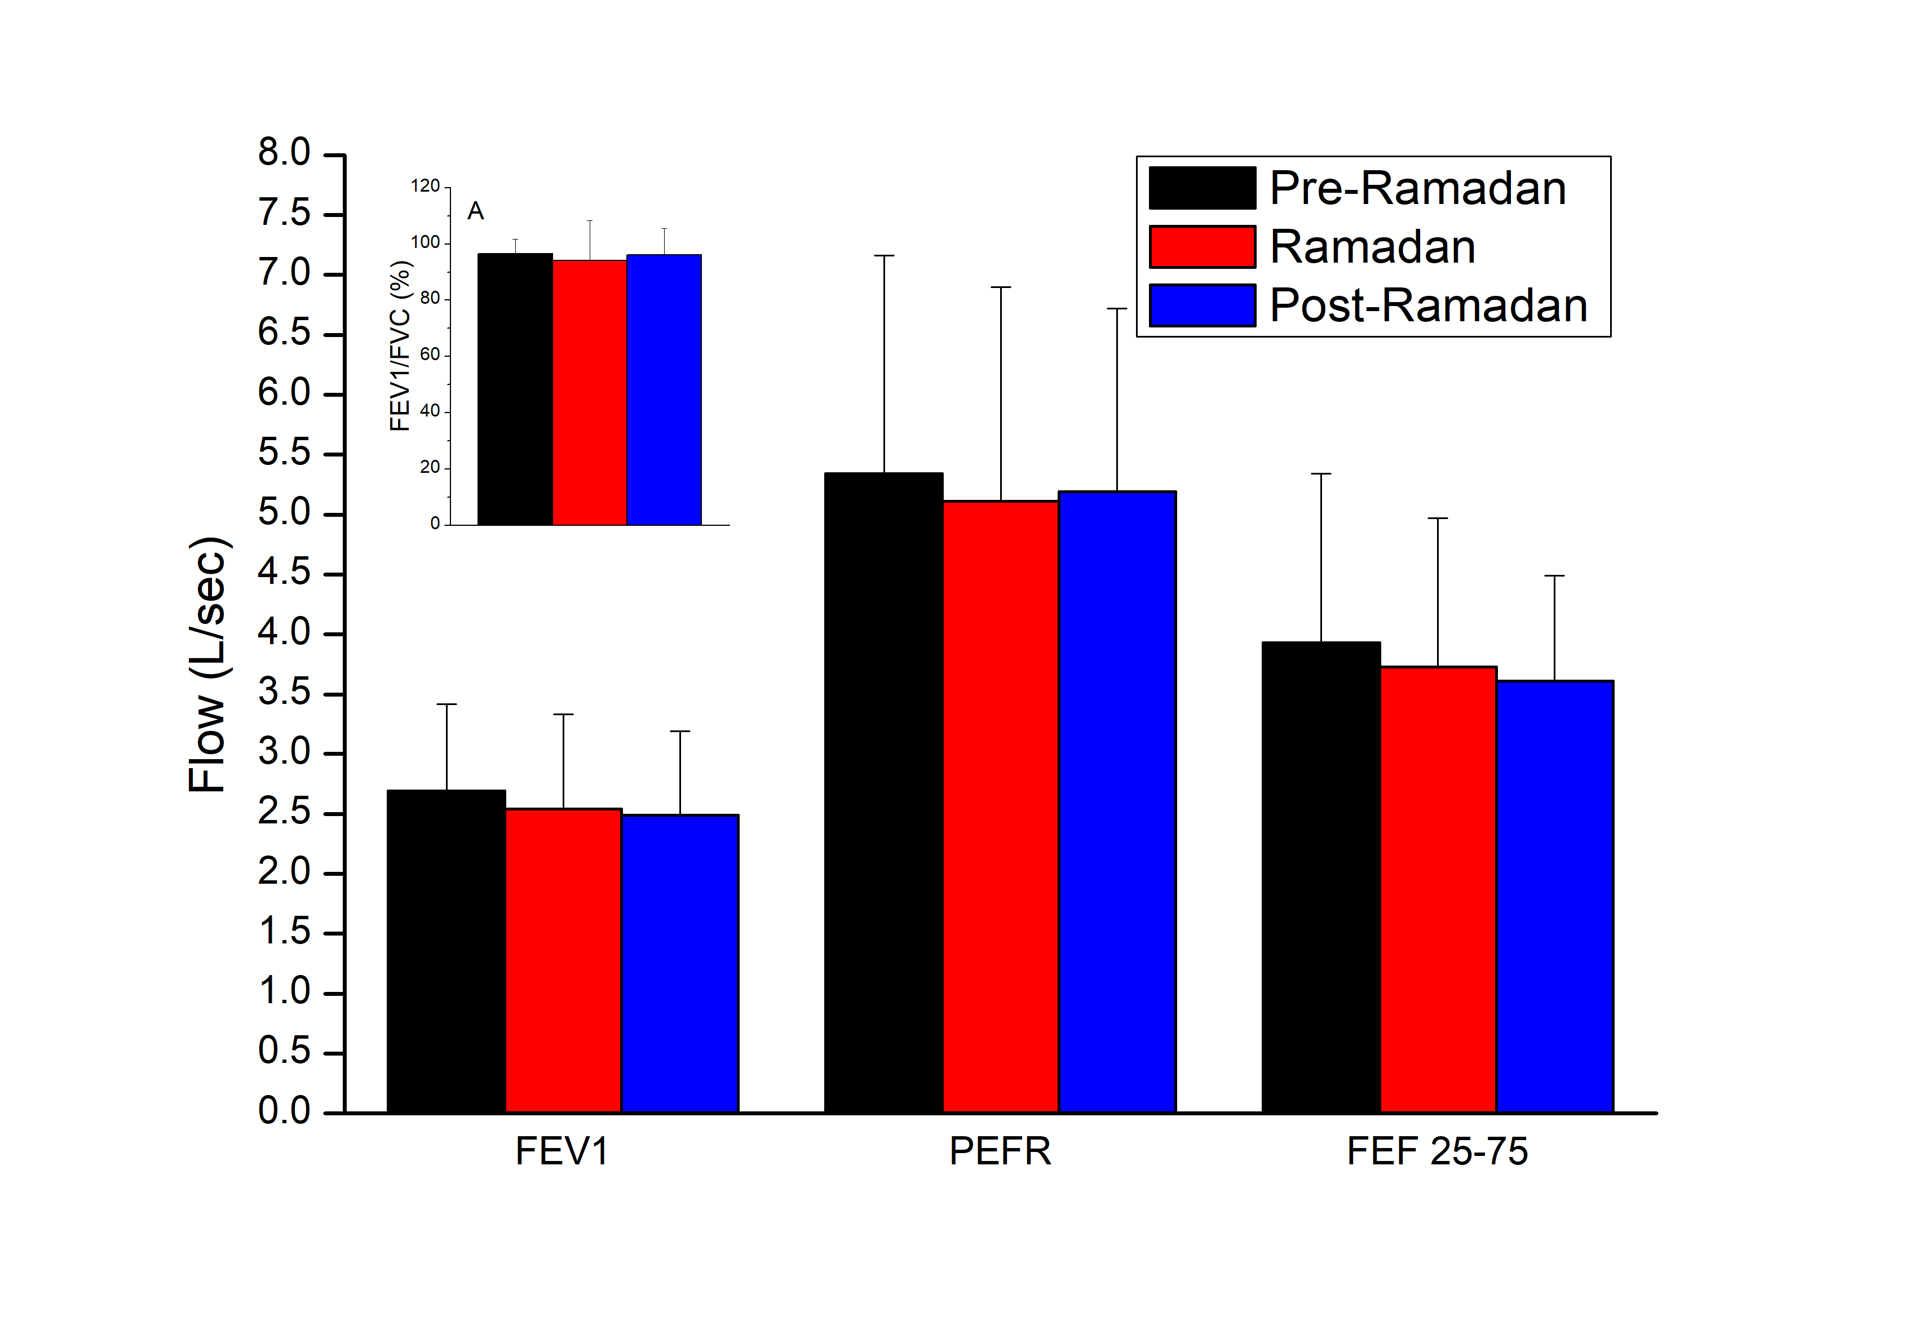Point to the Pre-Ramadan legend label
coord(1417,188)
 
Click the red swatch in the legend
coord(1201,247)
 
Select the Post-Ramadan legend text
coord(1428,306)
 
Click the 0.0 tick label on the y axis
coord(284,1111)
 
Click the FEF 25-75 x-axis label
coord(1436,1152)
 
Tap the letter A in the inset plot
coord(475,211)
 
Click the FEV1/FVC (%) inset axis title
coord(400,346)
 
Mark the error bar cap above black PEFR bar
coord(884,256)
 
